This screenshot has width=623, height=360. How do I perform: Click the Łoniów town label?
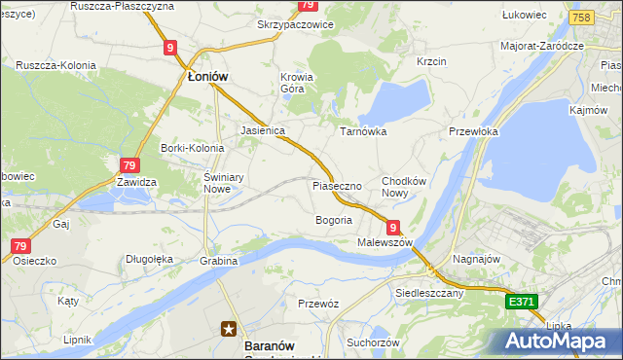coord(206,77)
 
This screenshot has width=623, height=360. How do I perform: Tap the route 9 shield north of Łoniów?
coord(170,47)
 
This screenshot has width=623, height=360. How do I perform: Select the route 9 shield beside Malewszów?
coord(393,227)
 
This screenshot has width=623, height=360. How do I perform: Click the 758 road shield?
coord(582,18)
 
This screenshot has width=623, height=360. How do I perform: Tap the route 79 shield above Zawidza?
coord(130,166)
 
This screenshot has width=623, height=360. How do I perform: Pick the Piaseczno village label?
coord(337,185)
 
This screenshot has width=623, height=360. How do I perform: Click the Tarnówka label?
coord(363,130)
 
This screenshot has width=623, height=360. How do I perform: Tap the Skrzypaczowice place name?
coord(295,24)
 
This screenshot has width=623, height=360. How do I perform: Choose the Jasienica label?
coord(262,129)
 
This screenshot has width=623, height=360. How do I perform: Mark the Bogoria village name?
coord(333,220)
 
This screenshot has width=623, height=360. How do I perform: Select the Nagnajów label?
coord(475,261)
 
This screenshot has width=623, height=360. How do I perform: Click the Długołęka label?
coord(149,259)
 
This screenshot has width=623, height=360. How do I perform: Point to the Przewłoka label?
coord(473,131)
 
